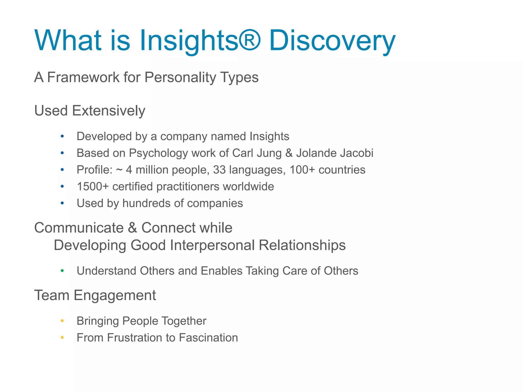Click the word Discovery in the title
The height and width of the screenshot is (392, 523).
(x=332, y=41)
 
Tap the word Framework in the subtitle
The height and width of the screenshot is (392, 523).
(x=83, y=77)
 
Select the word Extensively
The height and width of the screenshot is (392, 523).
(x=109, y=111)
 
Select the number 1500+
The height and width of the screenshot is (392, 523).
(x=93, y=187)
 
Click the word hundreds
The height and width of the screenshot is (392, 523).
(x=146, y=203)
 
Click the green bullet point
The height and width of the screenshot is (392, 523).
(x=62, y=271)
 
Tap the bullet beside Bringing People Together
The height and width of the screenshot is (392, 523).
(x=62, y=321)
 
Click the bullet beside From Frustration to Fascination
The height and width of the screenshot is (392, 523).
(x=62, y=338)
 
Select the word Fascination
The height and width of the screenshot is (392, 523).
(x=208, y=338)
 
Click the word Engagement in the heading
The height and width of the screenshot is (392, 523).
(x=115, y=296)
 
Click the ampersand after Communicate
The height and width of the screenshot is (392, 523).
(x=133, y=228)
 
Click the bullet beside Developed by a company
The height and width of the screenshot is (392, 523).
(x=62, y=136)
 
